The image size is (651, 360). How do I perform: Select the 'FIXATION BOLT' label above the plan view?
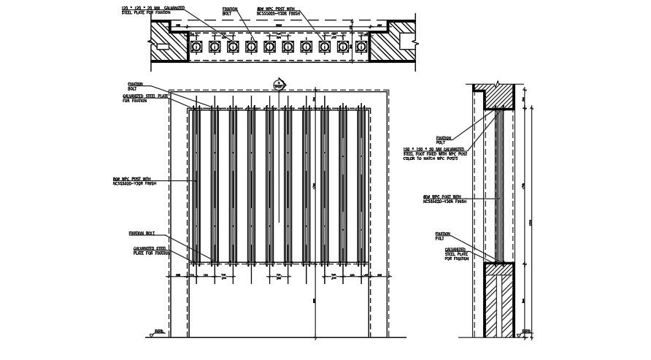click(230, 11)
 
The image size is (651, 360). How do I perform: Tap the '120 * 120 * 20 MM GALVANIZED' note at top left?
click(153, 7)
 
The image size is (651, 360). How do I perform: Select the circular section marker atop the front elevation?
click(277, 84)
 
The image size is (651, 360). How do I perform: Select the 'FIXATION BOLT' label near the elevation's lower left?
click(142, 234)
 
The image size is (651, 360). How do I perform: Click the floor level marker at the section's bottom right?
click(526, 333)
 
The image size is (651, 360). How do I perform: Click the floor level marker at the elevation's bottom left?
click(158, 333)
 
